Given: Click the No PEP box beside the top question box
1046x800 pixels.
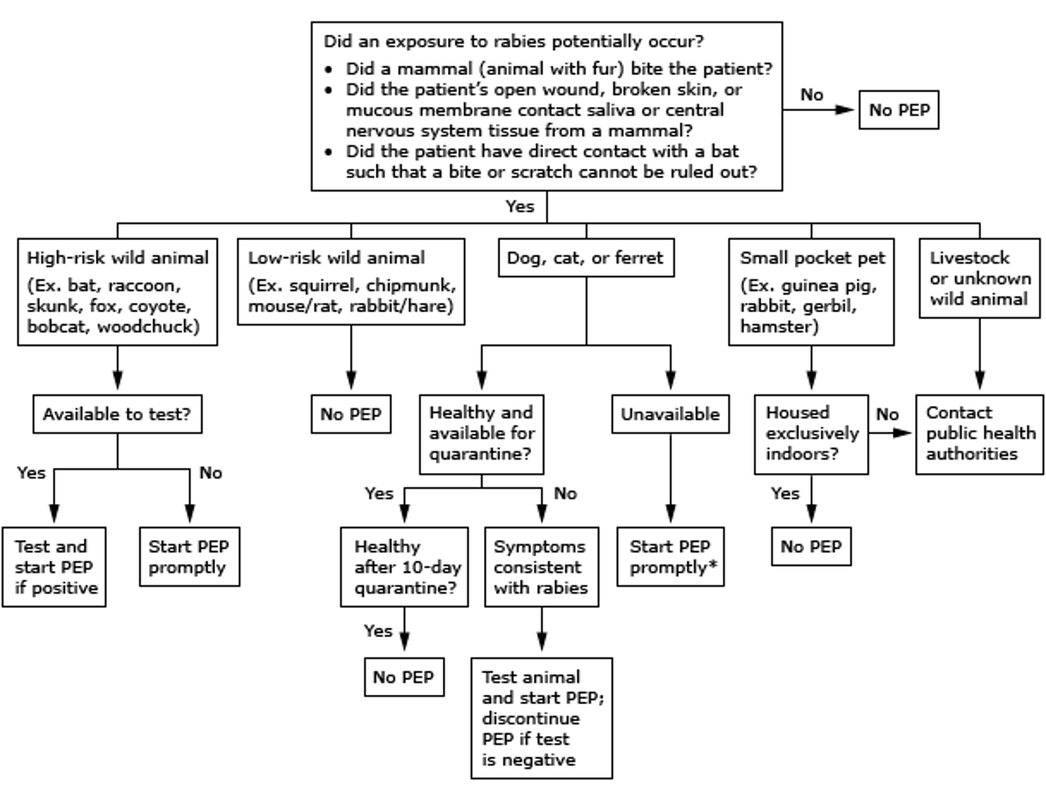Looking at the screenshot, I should click(899, 110).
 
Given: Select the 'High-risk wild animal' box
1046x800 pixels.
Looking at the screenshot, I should click(117, 292).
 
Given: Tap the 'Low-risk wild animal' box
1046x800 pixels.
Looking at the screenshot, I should click(351, 281).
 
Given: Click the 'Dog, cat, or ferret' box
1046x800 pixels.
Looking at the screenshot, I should click(586, 258).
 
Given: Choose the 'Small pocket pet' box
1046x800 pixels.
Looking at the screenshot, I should click(811, 292).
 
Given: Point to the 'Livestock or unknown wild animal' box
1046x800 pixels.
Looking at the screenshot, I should click(979, 278).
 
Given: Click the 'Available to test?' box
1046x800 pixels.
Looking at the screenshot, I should click(117, 414).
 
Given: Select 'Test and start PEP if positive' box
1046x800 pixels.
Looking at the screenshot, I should click(54, 566).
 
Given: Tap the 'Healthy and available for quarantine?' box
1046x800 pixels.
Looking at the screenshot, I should click(481, 433).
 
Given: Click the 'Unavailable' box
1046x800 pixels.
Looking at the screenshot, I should click(670, 414).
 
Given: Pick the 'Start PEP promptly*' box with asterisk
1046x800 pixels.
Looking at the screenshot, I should click(670, 557).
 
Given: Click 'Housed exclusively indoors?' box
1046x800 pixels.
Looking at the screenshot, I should click(811, 433).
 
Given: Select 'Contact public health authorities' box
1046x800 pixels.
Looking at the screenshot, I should click(979, 433).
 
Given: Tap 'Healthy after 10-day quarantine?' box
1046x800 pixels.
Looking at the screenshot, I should click(404, 566).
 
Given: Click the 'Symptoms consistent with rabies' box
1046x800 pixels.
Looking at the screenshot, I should click(541, 566).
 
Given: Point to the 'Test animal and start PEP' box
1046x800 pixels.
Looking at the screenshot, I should click(541, 717).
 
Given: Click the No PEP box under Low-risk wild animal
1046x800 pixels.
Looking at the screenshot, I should click(351, 414).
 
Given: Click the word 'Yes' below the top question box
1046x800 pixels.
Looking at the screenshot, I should click(519, 206).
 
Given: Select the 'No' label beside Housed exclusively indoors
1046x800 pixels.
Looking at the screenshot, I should click(887, 414).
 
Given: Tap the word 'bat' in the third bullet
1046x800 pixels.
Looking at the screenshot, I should click(725, 151).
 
